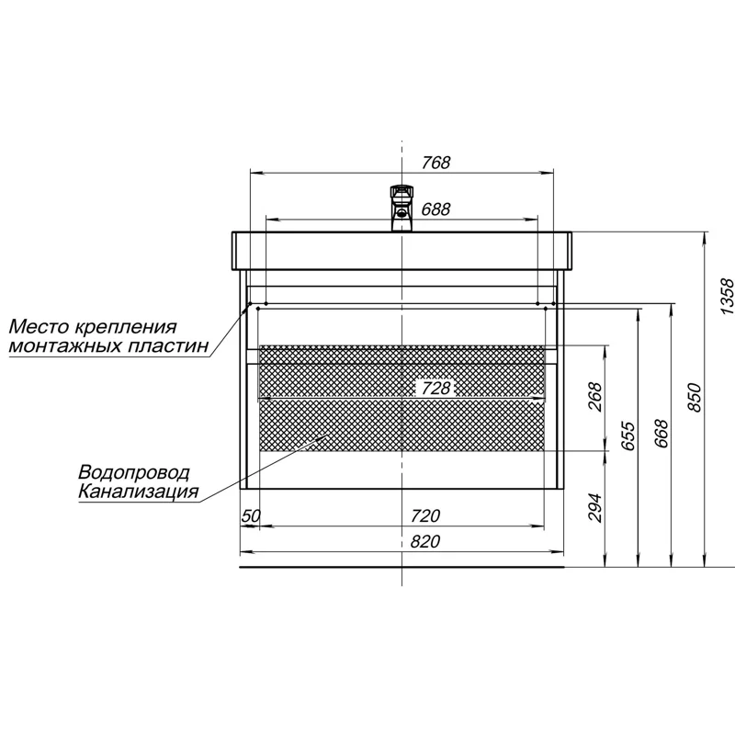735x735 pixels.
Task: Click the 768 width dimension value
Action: (435, 163)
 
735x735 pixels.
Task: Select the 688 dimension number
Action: (435, 209)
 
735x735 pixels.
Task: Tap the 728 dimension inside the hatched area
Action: (435, 388)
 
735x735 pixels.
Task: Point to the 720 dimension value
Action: (425, 515)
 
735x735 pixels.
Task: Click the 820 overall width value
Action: (425, 541)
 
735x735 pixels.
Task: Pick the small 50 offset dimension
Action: (251, 515)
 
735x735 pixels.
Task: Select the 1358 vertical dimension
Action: (726, 296)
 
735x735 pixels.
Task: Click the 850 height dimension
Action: (695, 398)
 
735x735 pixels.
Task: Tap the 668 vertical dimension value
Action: (661, 433)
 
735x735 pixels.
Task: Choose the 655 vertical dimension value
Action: (628, 435)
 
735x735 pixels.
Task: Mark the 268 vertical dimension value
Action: (594, 397)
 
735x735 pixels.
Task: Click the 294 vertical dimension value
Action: (594, 507)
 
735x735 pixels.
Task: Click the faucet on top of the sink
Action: (401, 209)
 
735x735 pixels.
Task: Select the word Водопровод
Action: (134, 472)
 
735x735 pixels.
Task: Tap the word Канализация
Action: (139, 492)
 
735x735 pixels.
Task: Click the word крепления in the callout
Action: (126, 327)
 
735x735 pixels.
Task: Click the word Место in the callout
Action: (39, 326)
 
